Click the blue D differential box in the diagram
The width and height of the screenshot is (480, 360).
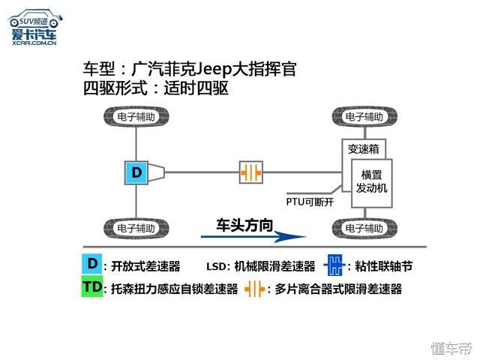[x=136, y=172]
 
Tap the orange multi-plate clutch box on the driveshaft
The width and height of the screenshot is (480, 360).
[x=251, y=172]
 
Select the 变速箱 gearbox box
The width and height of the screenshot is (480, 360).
[x=363, y=149]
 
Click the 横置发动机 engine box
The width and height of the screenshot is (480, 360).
[x=372, y=183]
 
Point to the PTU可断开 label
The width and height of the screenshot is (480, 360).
[x=310, y=202]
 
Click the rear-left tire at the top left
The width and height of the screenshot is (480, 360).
[x=136, y=117]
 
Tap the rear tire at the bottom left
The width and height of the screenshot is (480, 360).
[x=136, y=228]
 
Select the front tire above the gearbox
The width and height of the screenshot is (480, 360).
[x=364, y=117]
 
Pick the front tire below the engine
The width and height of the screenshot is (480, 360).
[x=364, y=228]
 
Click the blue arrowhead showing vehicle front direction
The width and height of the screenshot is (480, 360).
[x=289, y=237]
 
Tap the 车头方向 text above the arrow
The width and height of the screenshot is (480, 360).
[x=244, y=225]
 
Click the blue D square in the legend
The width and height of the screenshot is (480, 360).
[x=91, y=263]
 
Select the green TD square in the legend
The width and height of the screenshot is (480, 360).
[x=92, y=286]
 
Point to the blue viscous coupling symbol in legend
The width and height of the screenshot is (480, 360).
[x=334, y=265]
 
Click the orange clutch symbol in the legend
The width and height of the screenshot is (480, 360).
[x=254, y=289]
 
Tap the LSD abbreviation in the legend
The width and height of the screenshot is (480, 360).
[x=216, y=267]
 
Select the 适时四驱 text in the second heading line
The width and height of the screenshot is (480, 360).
[x=196, y=88]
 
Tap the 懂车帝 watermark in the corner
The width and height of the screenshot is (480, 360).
[x=452, y=349]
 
